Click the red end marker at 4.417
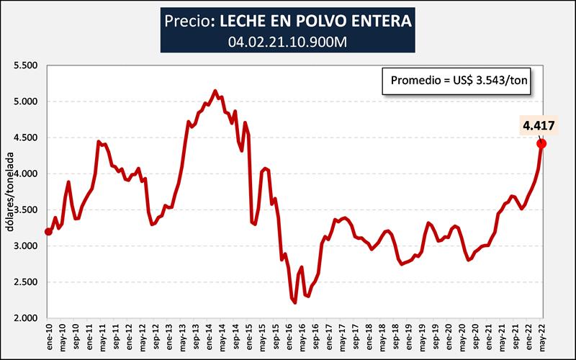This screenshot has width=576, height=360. click(x=541, y=143)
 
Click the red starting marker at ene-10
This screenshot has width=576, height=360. click(x=48, y=231)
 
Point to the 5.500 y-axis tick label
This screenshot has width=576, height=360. click(x=24, y=66)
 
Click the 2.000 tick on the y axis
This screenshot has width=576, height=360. click(x=24, y=318)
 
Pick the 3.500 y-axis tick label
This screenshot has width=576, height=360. click(x=24, y=210)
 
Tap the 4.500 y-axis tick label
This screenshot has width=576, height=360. click(x=24, y=138)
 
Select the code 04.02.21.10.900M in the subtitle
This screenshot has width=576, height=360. click(x=288, y=42)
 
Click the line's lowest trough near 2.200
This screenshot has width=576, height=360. click(x=295, y=302)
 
